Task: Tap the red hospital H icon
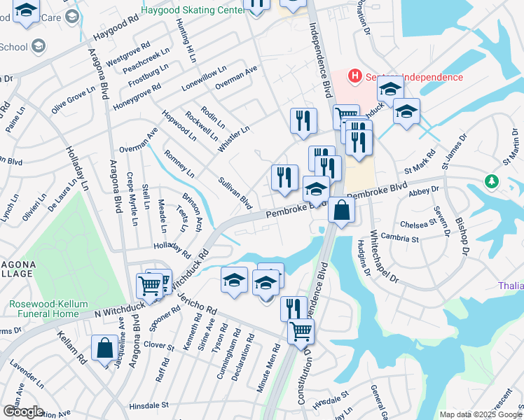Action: tap(355, 76)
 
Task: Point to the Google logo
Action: tap(22, 412)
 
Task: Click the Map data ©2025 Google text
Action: tap(481, 414)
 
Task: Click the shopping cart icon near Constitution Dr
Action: tap(301, 330)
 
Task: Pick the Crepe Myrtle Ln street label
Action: tap(130, 192)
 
